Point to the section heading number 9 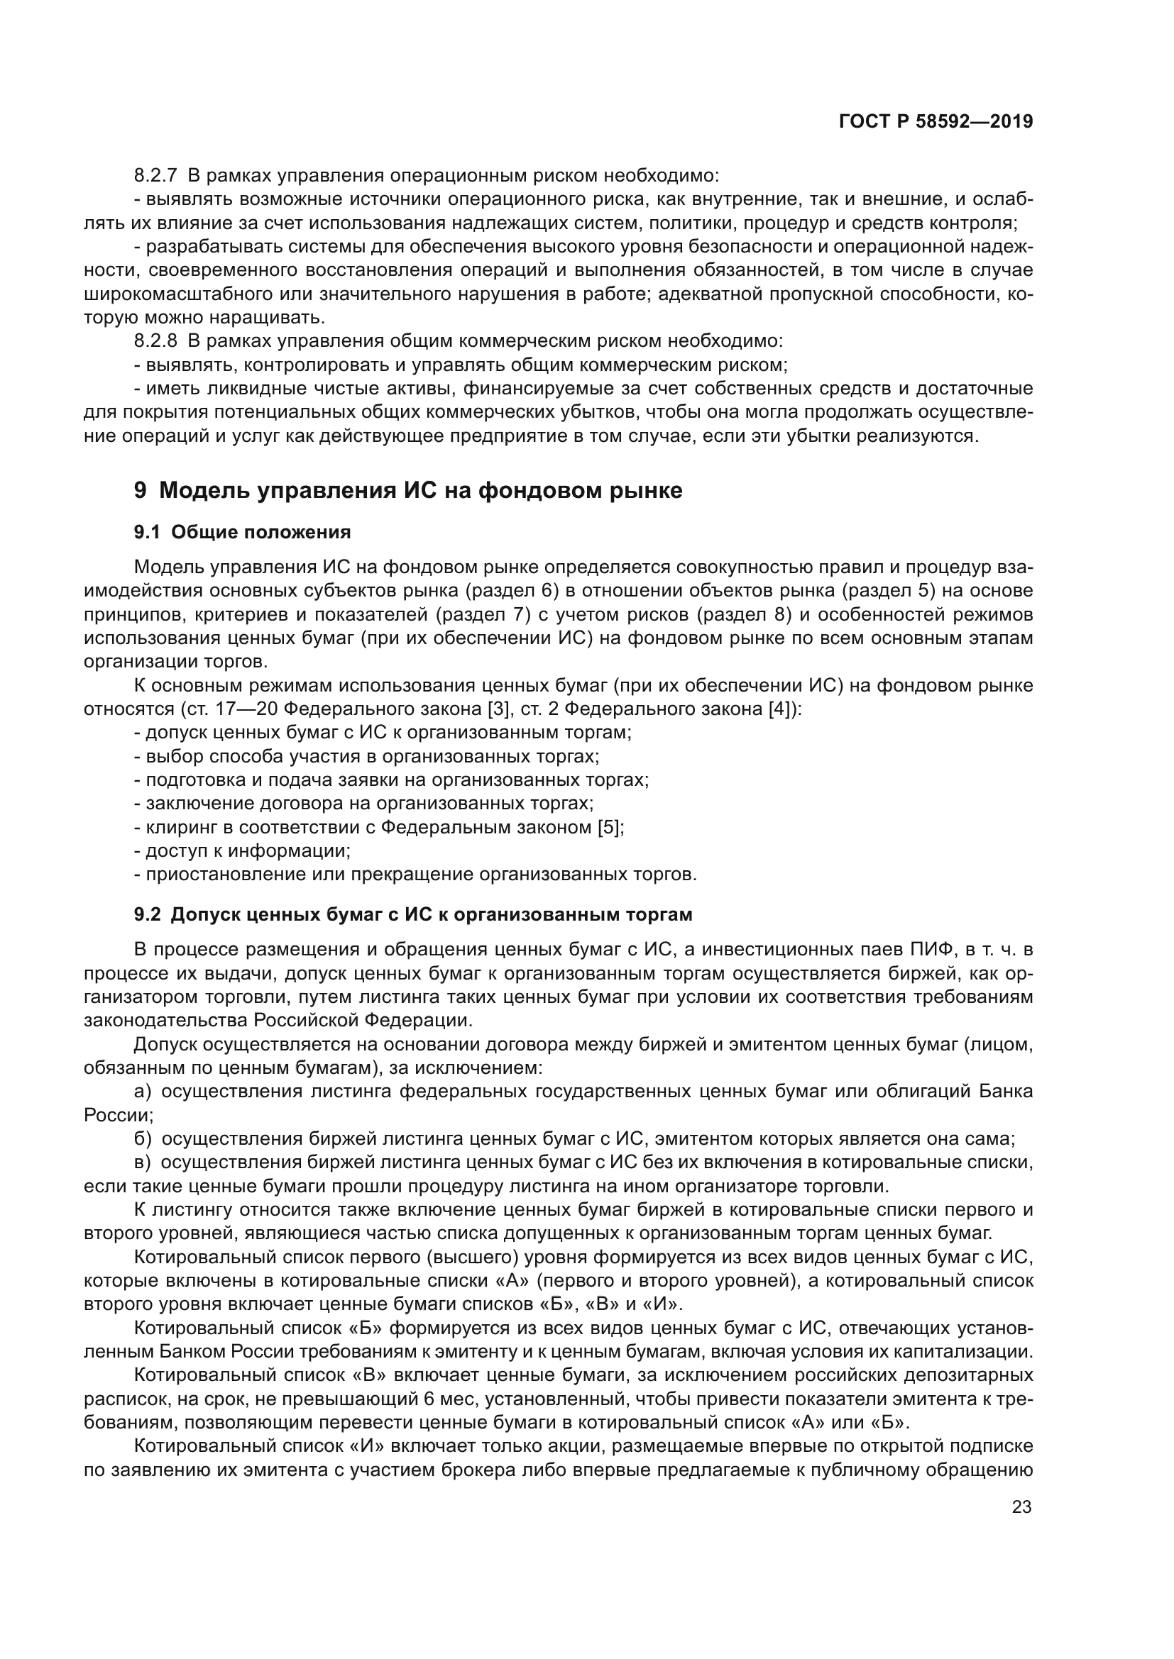[141, 491]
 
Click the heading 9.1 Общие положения [242, 533]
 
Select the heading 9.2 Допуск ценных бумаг [413, 915]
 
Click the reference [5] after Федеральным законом [610, 827]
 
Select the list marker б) [143, 1139]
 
